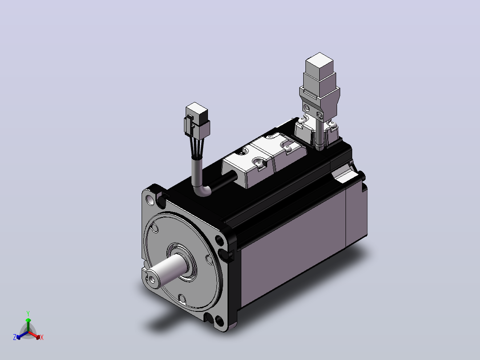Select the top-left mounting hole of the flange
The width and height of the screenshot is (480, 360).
click(x=151, y=200)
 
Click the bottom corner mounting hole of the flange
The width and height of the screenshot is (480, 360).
click(x=220, y=321)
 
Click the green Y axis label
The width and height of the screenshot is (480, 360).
click(x=28, y=313)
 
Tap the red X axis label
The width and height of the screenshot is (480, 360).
click(x=42, y=337)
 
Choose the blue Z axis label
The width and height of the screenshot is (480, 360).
click(x=15, y=337)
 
